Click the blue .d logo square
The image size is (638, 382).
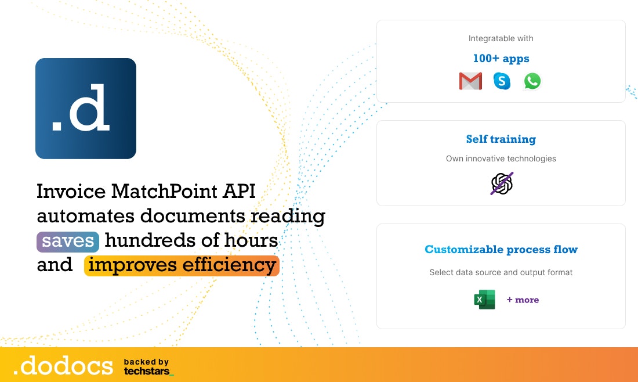pos(86,109)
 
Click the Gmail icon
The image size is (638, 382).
pos(470,81)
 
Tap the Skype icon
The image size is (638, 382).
pos(502,81)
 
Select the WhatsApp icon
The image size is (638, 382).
pos(532,81)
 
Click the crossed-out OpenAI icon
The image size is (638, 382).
pos(502,183)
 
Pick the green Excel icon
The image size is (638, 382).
pos(485,300)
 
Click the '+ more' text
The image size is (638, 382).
pos(523,300)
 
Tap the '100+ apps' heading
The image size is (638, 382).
pos(501,59)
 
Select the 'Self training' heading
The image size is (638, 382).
pos(501,139)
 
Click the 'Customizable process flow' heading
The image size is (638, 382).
pos(501,250)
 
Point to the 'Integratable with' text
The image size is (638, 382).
pos(501,38)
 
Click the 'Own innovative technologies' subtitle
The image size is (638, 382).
pos(501,158)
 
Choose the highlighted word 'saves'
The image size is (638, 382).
pos(68,241)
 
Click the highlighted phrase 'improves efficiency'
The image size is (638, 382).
pos(182,265)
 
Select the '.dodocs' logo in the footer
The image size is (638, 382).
pos(63,366)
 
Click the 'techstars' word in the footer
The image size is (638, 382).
pos(147,370)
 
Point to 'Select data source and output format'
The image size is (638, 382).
pos(501,272)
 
